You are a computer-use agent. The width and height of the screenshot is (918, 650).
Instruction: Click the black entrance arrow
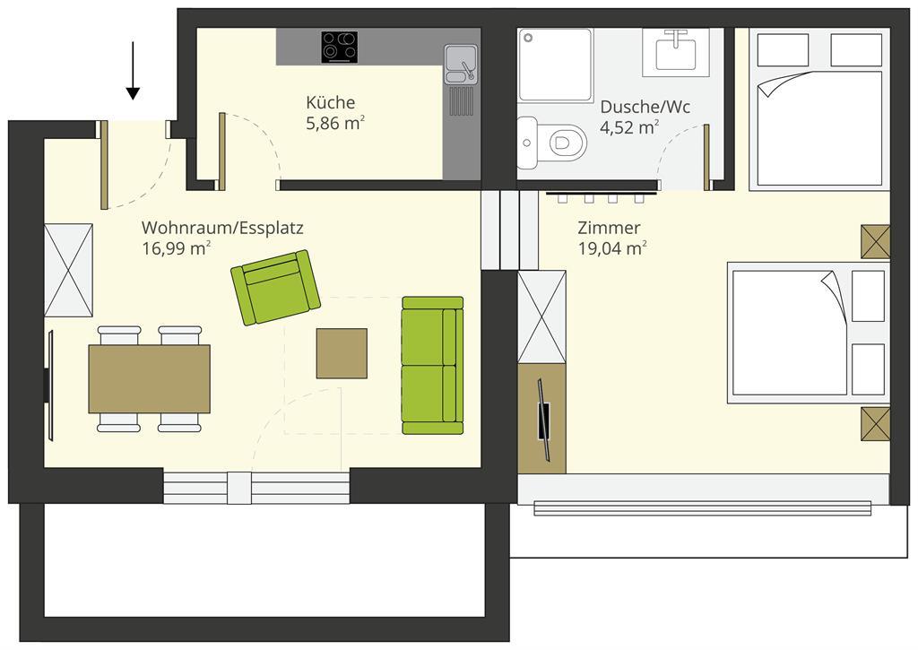133,70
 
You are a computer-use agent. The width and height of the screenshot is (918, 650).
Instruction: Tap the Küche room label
330,102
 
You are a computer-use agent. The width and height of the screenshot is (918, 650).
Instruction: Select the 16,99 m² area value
177,248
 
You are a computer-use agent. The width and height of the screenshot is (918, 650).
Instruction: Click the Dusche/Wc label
645,107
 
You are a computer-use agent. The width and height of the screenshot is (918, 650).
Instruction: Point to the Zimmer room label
609,227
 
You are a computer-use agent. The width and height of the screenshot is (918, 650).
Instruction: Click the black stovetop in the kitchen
340,47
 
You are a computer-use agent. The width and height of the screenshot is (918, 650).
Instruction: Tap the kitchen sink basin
461,65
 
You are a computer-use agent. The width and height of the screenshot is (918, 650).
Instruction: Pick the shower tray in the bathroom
554,65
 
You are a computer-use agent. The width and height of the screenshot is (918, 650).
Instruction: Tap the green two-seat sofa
433,366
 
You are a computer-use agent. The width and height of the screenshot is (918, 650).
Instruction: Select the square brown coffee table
342,353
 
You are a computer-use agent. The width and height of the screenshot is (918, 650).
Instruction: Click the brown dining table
150,379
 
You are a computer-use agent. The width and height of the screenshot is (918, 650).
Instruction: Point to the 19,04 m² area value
612,248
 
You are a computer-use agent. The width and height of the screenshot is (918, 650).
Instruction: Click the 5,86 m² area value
335,124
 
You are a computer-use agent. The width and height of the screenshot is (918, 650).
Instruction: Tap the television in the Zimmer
544,420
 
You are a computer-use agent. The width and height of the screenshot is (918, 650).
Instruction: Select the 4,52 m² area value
629,127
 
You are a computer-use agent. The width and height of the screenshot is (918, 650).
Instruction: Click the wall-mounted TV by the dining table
50,386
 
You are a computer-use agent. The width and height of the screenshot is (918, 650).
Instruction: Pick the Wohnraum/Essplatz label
222,227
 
